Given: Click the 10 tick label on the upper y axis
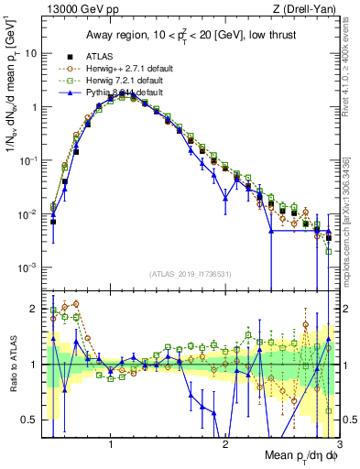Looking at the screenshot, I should (30, 53).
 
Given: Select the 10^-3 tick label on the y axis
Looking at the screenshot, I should (28, 267).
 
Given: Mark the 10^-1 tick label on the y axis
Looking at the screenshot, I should (28, 160).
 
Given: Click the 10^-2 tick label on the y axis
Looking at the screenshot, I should (28, 214).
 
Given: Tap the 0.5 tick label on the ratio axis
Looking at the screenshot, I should (28, 420).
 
